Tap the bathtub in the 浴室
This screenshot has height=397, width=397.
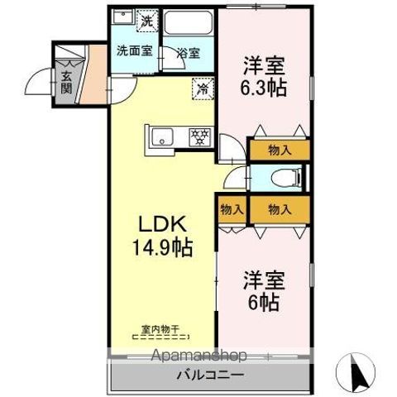click(189, 22)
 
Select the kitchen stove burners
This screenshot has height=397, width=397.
click(200, 136)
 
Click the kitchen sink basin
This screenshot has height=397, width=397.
click(163, 137)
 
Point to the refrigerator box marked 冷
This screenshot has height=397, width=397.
click(203, 88)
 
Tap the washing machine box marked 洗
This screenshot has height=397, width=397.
click(147, 21)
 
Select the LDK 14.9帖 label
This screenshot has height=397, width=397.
click(163, 236)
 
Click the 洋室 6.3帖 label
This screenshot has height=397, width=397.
click(264, 76)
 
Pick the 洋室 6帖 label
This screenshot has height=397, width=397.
click(264, 291)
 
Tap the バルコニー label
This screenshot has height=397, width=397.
click(211, 375)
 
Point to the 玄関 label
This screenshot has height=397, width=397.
click(66, 82)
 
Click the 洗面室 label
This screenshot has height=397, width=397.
click(135, 50)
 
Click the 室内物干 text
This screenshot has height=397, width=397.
click(160, 328)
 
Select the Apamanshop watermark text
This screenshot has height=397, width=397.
click(199, 355)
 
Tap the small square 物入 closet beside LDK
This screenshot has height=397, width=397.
click(232, 210)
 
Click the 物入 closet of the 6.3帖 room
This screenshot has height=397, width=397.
click(280, 151)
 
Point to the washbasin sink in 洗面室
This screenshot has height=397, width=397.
click(123, 17)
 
